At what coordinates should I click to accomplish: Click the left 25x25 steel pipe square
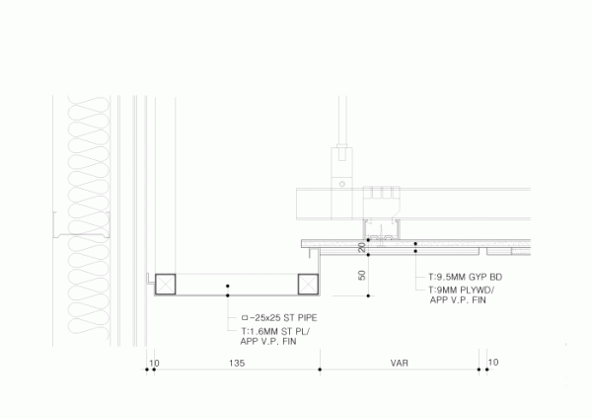165,284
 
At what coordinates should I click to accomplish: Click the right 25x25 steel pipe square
310,284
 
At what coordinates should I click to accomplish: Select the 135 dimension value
236,364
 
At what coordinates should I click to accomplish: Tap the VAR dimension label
399,364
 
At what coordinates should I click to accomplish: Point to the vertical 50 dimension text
362,276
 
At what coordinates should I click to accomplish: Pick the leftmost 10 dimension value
154,364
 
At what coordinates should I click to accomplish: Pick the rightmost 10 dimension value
493,364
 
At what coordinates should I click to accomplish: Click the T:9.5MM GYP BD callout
464,278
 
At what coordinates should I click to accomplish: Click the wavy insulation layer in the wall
85,198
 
